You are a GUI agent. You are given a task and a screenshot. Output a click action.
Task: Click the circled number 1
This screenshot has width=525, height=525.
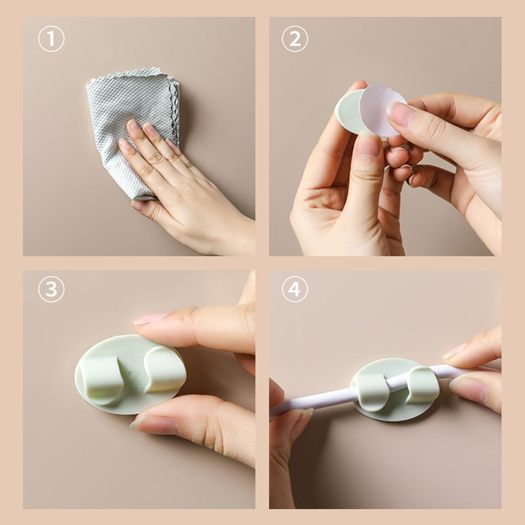[51, 39]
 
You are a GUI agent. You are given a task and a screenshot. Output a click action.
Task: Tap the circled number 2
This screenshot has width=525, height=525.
[295, 39]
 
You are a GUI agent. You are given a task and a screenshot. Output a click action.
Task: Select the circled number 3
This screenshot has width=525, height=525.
[51, 289]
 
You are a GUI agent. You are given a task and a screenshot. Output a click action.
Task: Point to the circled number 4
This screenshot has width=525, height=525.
[295, 289]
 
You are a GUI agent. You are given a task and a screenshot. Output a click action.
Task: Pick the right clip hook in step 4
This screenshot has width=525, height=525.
[423, 384]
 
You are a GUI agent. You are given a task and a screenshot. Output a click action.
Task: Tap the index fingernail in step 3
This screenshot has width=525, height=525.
[150, 319]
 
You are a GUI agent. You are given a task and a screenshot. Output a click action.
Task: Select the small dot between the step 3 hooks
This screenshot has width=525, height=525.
[130, 373]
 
